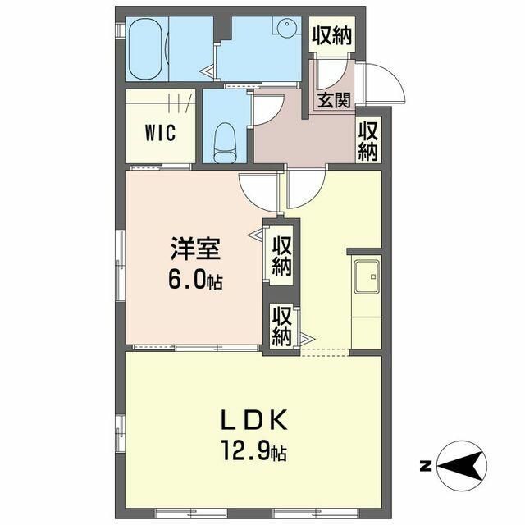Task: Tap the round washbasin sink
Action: coord(286,25)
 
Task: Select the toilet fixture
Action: coord(225,143)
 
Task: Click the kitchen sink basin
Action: coord(367,276)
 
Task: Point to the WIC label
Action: coord(161,133)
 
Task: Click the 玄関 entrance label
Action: coord(334,100)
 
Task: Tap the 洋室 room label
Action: coord(195,249)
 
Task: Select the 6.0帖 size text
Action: coord(195,280)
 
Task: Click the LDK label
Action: coord(253,419)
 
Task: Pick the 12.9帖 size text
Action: coord(253,452)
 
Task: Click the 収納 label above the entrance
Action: coord(331,35)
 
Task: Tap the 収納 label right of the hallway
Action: coord(368,141)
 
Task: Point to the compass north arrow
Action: coord(462,465)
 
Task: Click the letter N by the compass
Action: coord(425,466)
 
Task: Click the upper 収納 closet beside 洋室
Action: coord(281,255)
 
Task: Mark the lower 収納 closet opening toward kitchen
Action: coord(281,326)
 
